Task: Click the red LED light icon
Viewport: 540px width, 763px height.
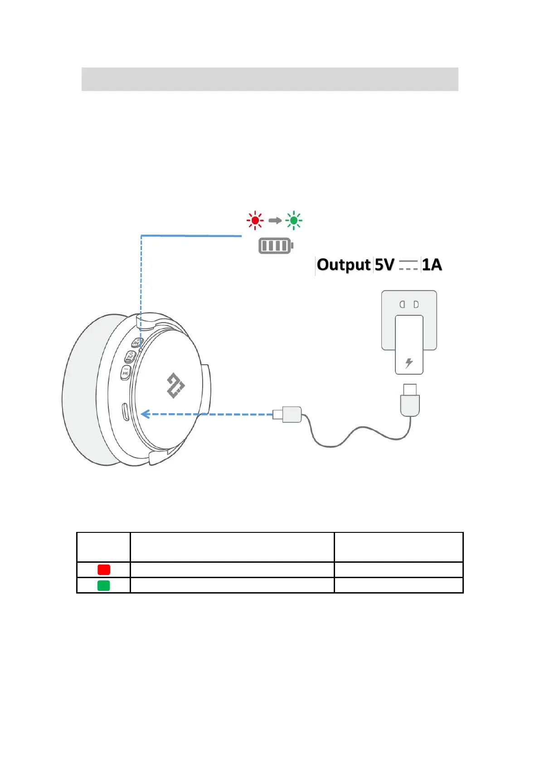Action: (255, 220)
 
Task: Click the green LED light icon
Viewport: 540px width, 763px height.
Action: (293, 220)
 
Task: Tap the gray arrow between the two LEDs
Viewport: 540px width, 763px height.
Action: (275, 221)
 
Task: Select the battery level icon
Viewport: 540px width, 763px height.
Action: (276, 246)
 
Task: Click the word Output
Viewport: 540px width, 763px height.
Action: (344, 265)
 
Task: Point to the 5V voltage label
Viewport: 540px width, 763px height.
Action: (384, 265)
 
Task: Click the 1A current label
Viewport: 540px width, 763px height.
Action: (432, 265)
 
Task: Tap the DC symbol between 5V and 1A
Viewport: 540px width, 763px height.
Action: (408, 265)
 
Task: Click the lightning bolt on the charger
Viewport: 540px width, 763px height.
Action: (409, 362)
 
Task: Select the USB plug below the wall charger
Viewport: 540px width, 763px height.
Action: (410, 401)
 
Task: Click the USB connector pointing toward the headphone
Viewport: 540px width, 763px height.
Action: (287, 414)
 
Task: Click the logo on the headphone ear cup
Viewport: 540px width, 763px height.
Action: (175, 386)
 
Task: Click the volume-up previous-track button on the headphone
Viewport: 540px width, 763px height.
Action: (137, 343)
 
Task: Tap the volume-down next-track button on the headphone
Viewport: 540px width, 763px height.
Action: (126, 373)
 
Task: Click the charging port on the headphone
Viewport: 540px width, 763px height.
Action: (125, 412)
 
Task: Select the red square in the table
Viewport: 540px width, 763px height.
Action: (104, 570)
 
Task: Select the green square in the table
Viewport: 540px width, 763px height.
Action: (104, 585)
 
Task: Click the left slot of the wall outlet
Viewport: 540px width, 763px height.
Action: (402, 304)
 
